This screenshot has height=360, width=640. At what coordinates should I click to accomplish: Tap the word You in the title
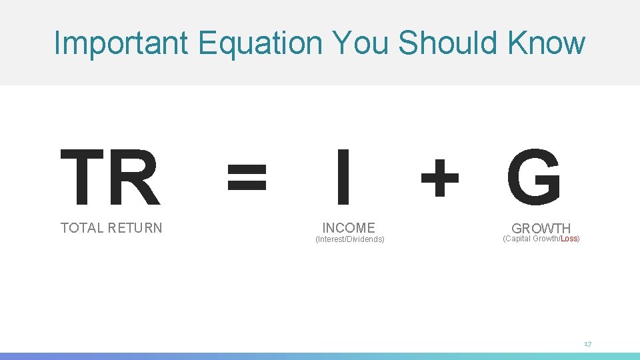click(x=361, y=43)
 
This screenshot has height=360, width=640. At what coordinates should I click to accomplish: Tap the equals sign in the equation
click(x=247, y=177)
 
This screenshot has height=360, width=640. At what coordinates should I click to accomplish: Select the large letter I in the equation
click(x=343, y=177)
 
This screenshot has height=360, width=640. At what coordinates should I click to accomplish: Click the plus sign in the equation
click(x=439, y=177)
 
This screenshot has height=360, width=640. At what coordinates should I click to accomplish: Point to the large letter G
click(x=533, y=177)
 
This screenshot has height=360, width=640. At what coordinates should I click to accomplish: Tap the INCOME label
click(x=349, y=227)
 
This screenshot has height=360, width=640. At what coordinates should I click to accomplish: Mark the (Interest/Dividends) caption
click(x=349, y=239)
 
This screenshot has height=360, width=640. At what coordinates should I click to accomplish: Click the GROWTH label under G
click(x=541, y=229)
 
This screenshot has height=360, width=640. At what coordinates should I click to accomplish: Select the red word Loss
click(x=569, y=239)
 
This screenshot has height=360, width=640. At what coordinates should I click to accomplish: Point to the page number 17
click(x=587, y=344)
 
